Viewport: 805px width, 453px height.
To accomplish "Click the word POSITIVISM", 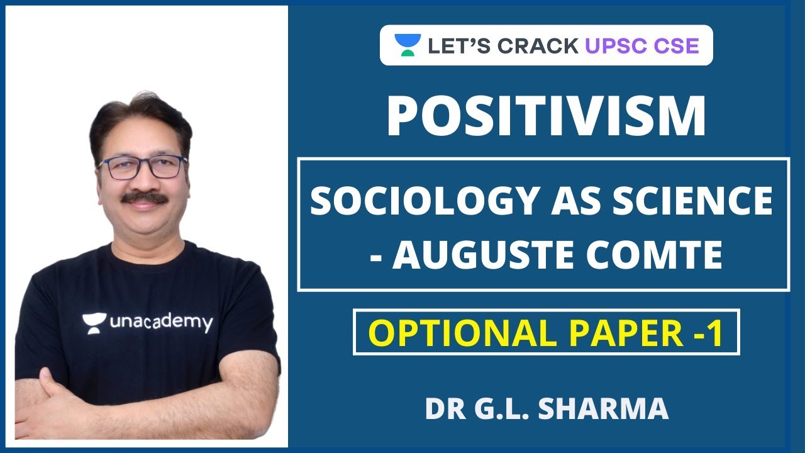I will pyautogui.click(x=546, y=116).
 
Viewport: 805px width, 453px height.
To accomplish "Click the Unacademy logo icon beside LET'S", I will pyautogui.click(x=408, y=45).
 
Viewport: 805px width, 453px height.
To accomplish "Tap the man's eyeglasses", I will pyautogui.click(x=143, y=167).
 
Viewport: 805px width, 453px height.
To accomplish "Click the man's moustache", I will pyautogui.click(x=144, y=198).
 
